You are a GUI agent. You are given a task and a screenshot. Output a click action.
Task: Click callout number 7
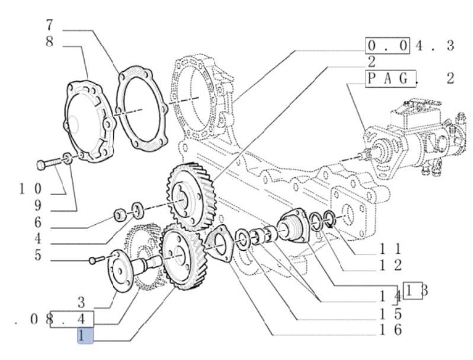tap(50, 26)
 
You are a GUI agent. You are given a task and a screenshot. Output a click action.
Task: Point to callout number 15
tap(391, 314)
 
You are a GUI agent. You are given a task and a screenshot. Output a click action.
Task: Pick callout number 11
tap(391, 249)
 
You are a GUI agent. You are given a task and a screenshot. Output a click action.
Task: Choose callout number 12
tap(391, 265)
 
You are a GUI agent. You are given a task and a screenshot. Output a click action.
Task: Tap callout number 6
tap(37, 224)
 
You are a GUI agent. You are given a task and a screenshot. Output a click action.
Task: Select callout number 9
tap(37, 207)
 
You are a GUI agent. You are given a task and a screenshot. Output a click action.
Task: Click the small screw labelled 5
tap(93, 260)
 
